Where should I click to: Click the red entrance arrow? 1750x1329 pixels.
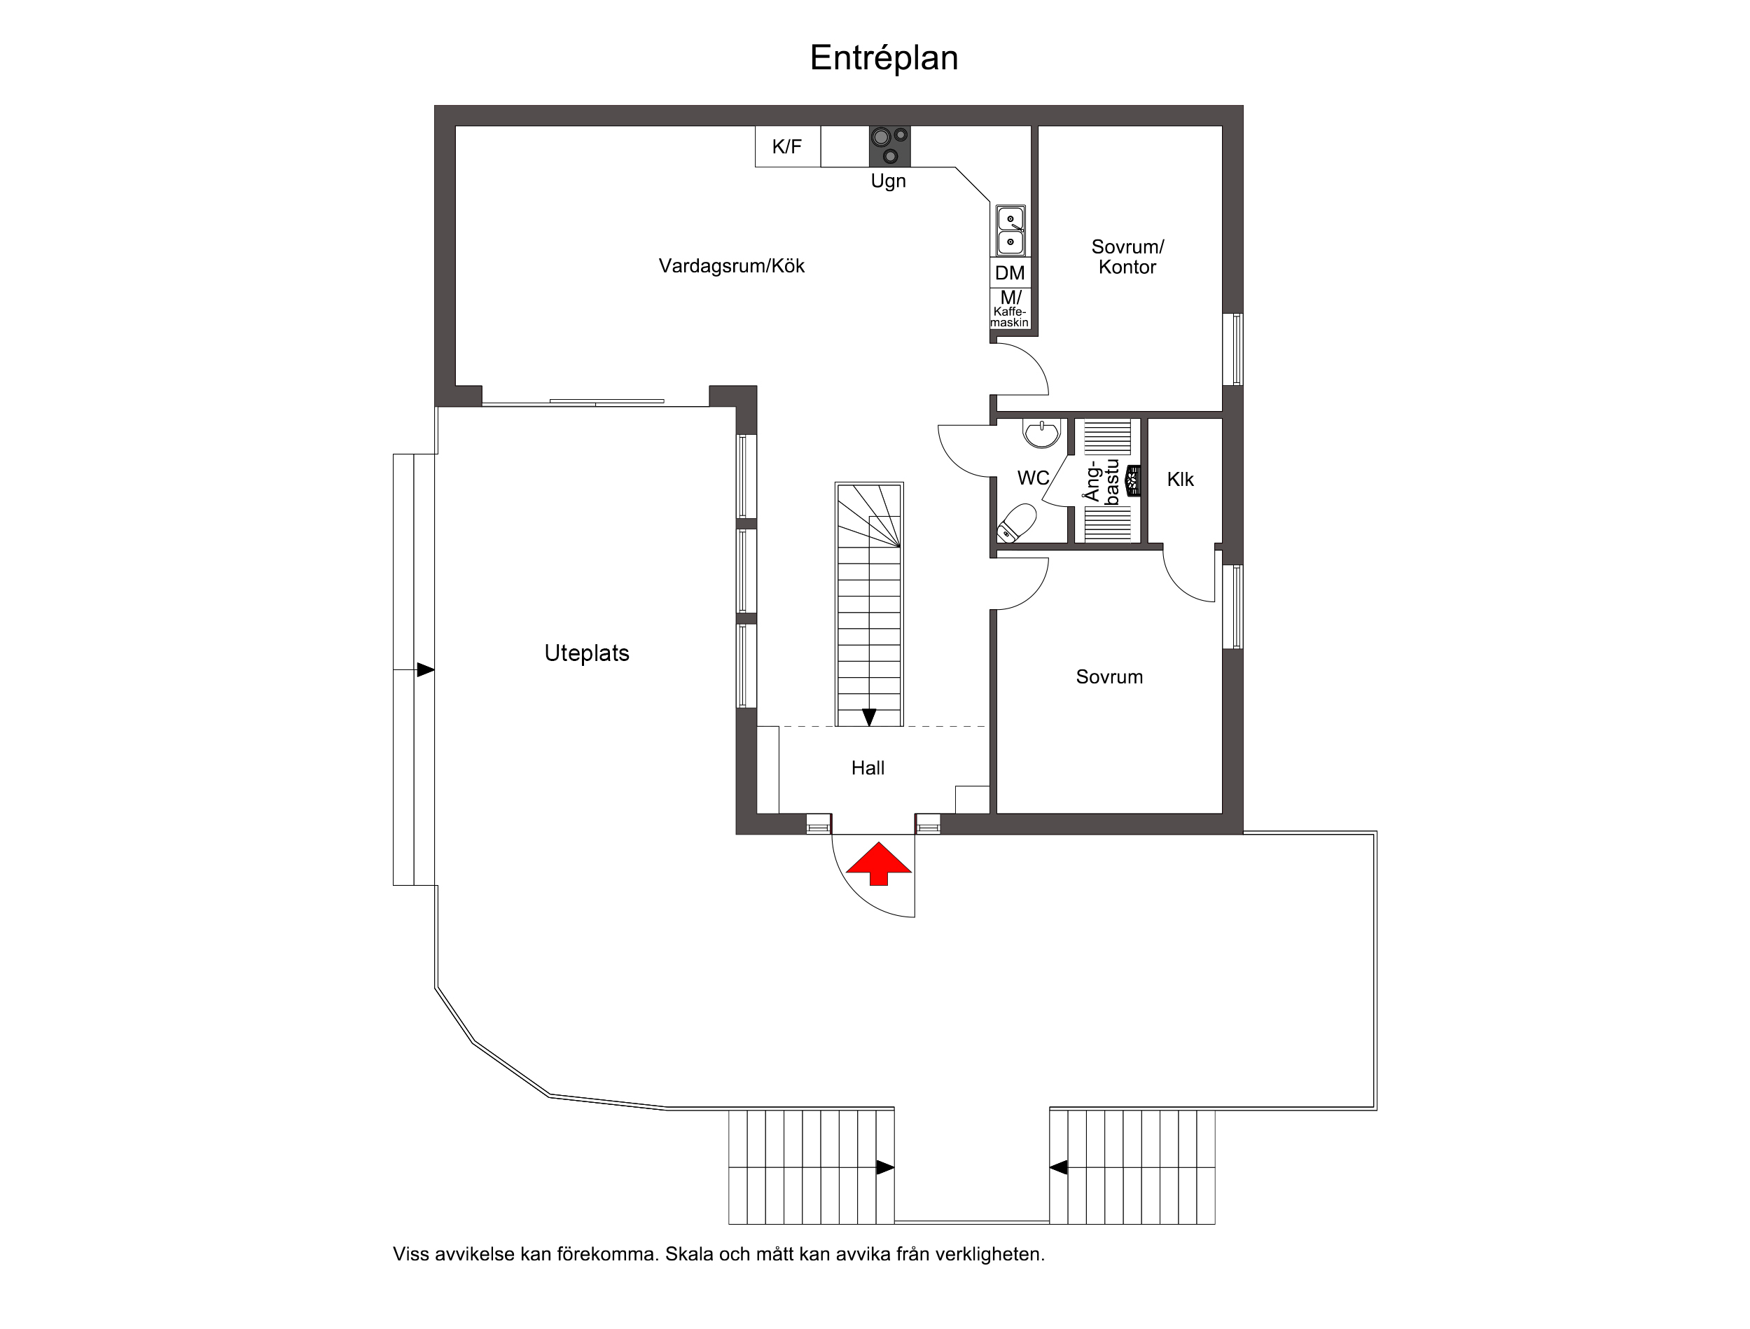[x=878, y=864]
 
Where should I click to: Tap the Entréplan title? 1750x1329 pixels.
[x=884, y=57]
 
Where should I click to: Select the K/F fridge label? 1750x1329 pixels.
[x=787, y=146]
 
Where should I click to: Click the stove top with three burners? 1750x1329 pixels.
[x=890, y=146]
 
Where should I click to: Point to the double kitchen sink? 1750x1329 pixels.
[x=1011, y=230]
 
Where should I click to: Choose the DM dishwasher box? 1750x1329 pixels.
[x=1011, y=273]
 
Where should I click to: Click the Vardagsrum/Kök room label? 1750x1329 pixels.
[x=732, y=266]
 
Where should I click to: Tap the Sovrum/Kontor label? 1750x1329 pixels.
[x=1127, y=257]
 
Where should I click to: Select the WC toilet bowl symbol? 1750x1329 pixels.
[x=1018, y=522]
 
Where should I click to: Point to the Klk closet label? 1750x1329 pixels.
[x=1181, y=480]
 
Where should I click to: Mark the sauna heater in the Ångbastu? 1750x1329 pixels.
[x=1134, y=480]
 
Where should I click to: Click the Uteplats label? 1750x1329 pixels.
[x=587, y=653]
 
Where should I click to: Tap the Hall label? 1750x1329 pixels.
[x=868, y=768]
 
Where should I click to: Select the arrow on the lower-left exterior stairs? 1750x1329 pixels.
[x=885, y=1167]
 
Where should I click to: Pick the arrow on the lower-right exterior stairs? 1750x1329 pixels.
[x=1059, y=1167]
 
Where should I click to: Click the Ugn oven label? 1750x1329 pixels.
[x=889, y=181]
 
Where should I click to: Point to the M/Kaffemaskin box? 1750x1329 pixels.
[x=1011, y=309]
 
